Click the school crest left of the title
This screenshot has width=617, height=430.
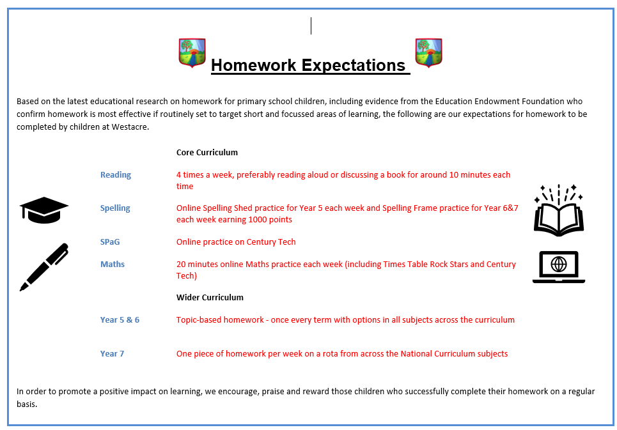(x=192, y=52)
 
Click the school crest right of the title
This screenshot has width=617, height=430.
(x=428, y=52)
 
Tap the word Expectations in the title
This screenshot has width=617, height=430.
(x=354, y=65)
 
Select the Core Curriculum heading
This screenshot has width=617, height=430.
(x=207, y=152)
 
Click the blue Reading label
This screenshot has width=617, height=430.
(x=116, y=175)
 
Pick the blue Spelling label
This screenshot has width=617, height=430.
(x=115, y=208)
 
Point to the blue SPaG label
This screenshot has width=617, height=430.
(x=110, y=242)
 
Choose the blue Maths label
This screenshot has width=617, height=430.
(x=112, y=264)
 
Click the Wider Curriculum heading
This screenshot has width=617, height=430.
(x=210, y=297)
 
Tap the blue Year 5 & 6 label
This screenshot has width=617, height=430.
(x=120, y=319)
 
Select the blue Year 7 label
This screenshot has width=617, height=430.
(x=112, y=353)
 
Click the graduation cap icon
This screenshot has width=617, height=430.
(x=44, y=210)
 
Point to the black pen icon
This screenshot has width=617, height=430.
(x=44, y=267)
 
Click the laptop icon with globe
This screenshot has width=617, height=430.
(x=559, y=267)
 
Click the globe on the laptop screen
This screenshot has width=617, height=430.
(x=559, y=264)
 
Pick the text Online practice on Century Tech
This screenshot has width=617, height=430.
(x=236, y=242)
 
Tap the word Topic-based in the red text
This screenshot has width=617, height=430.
(x=200, y=320)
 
